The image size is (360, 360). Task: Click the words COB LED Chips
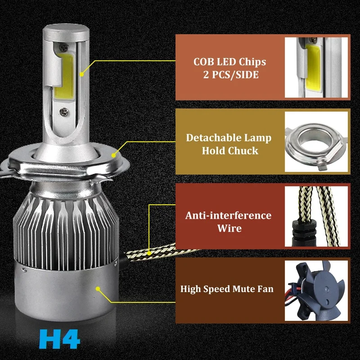click(229, 62)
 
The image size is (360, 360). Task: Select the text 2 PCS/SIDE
click(229, 75)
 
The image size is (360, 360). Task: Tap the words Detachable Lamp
click(229, 137)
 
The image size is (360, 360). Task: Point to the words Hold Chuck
click(229, 150)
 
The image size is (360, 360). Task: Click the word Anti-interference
click(229, 215)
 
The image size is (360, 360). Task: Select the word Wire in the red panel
click(229, 228)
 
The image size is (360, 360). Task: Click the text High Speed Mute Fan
click(227, 288)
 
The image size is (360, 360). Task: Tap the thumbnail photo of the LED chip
click(316, 67)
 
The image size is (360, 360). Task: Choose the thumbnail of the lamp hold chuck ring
click(316, 142)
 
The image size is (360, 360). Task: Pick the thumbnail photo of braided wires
click(316, 216)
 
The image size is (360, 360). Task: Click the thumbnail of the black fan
click(316, 290)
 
